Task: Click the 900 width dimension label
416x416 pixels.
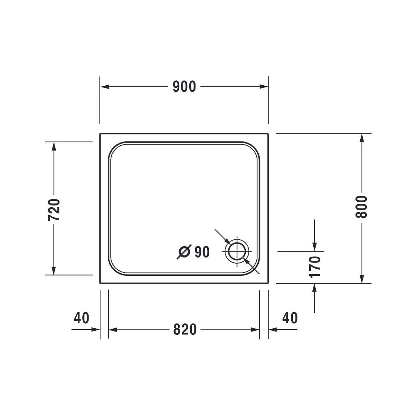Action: point(184,87)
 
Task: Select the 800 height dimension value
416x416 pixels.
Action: point(362,207)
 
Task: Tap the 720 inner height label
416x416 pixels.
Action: point(54,210)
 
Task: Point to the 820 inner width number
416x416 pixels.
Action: point(185,329)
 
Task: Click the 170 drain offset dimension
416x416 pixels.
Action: point(315,267)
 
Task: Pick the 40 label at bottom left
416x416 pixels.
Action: point(82,317)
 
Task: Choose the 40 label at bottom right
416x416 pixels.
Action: point(290,317)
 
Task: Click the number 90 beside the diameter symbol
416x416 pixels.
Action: point(202,252)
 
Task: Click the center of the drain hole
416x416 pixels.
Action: point(237,251)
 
